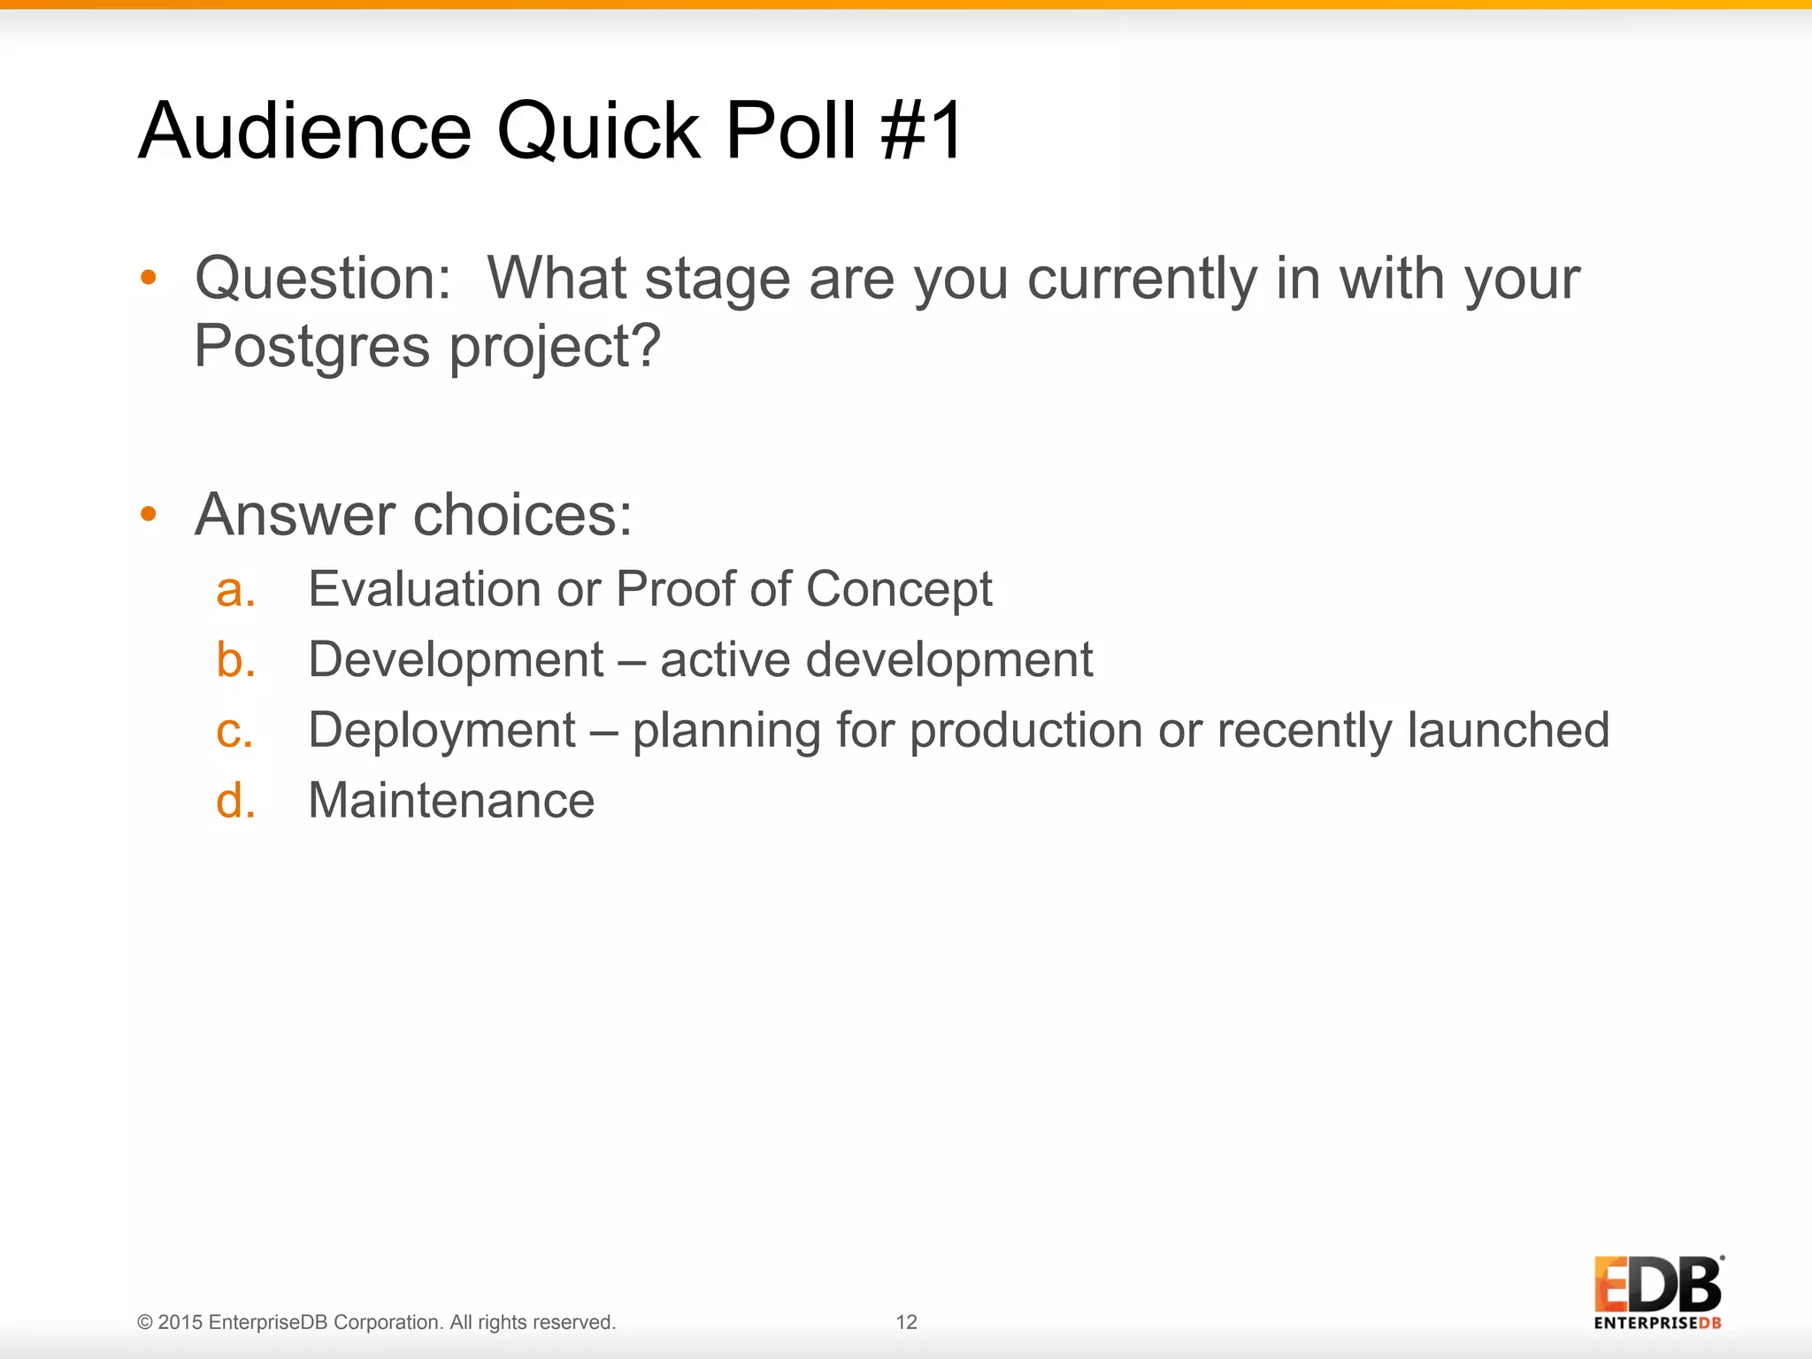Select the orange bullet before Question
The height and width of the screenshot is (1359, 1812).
[x=149, y=278]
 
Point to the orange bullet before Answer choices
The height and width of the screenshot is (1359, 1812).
[x=149, y=513]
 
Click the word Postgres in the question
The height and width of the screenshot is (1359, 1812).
[x=311, y=347]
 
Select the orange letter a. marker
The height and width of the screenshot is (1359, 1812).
[x=235, y=590]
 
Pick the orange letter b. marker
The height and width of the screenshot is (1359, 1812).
[x=235, y=660]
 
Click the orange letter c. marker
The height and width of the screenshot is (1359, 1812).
[x=234, y=732]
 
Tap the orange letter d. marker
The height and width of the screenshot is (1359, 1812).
[x=235, y=801]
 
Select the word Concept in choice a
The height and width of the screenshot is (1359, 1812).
[x=898, y=591]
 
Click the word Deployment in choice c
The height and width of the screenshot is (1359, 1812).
[x=441, y=733]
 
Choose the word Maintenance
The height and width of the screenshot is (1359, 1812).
[x=450, y=801]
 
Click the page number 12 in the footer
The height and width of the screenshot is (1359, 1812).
[x=906, y=1322]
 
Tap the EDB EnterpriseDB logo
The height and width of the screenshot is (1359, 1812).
[x=1657, y=1292]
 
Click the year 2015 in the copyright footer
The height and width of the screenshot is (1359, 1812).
[x=180, y=1322]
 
